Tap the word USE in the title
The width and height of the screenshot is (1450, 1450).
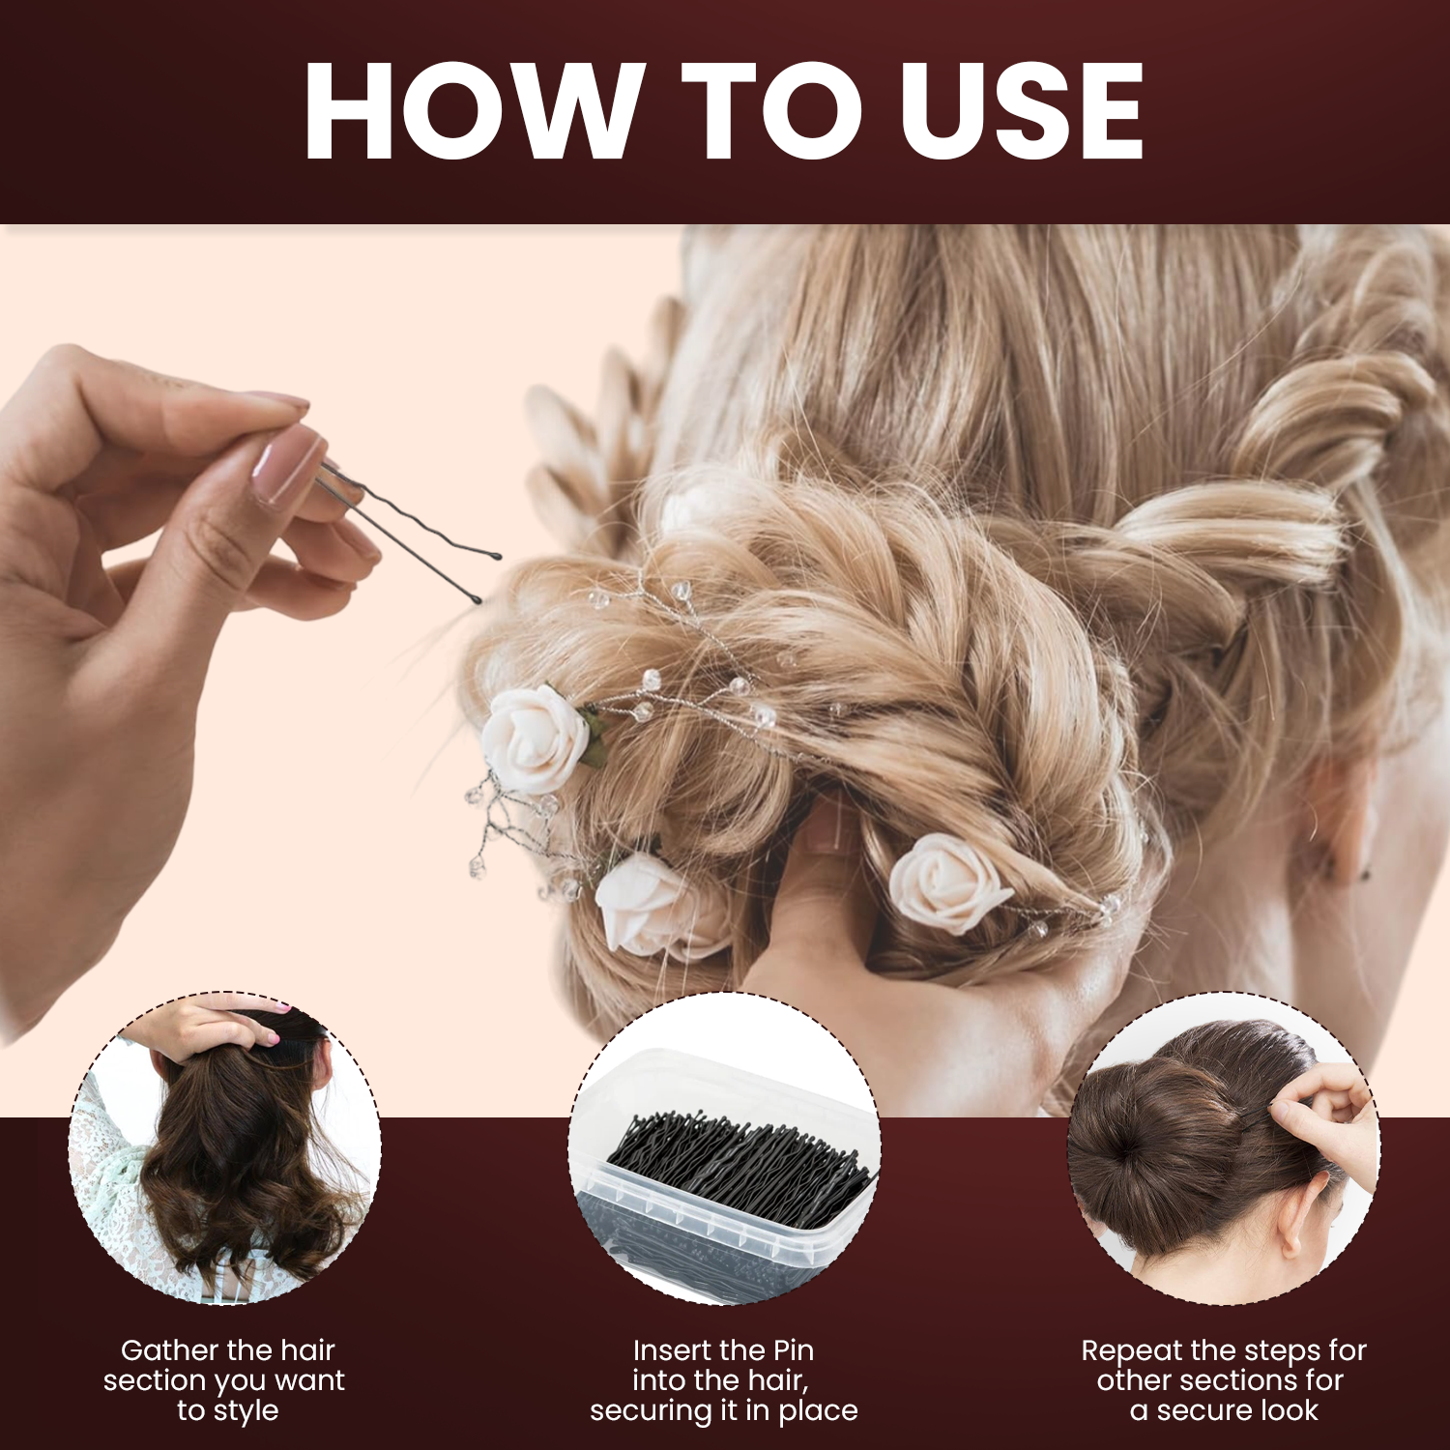click(1022, 110)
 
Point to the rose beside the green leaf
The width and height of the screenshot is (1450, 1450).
click(536, 739)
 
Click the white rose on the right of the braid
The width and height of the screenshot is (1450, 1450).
click(947, 882)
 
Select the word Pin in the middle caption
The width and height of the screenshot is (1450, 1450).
click(794, 1350)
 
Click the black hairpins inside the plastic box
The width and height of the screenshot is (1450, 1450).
click(739, 1165)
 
